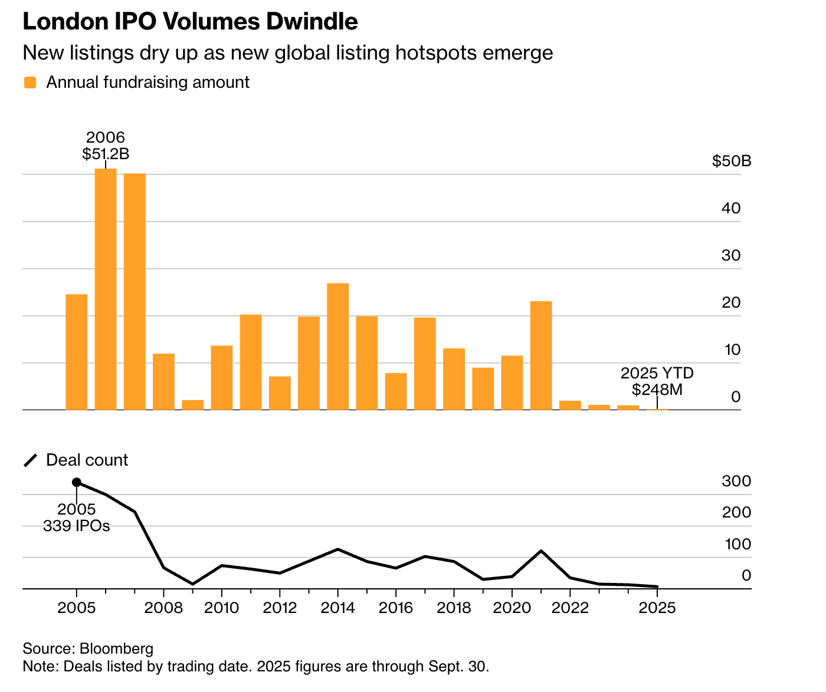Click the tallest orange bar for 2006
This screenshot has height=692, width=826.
(106, 289)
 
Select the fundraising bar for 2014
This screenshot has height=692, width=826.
(338, 347)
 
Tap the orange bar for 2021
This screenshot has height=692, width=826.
(541, 355)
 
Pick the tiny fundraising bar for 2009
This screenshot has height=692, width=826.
(193, 405)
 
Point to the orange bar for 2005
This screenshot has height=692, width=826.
(77, 352)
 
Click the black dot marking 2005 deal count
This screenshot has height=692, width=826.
(77, 482)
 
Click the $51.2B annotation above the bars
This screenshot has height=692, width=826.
(106, 154)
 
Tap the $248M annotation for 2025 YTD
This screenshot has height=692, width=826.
(657, 389)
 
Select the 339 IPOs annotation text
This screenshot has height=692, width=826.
(77, 526)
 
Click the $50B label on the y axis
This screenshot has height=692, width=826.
(732, 161)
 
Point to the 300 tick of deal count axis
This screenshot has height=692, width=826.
(736, 481)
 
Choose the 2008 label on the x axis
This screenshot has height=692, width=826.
(163, 608)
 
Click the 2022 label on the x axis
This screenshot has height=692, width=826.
(570, 608)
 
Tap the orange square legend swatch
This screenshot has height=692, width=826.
(30, 83)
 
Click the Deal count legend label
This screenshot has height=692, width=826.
(87, 460)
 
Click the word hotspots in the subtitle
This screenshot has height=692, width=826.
(436, 53)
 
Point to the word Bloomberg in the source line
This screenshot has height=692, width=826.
(116, 649)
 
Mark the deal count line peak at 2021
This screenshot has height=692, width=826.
(541, 551)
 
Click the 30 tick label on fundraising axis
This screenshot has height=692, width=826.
(731, 255)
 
